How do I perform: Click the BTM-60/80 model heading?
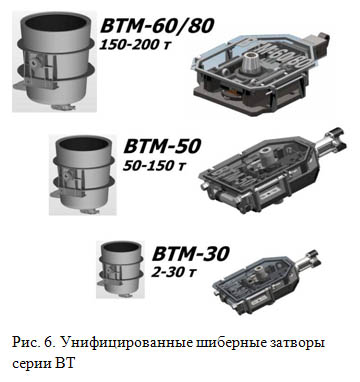tap(156, 26)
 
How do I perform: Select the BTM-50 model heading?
tap(162, 146)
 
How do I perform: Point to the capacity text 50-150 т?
tap(154, 165)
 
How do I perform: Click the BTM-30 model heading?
tap(191, 253)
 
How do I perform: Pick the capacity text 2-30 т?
tap(174, 272)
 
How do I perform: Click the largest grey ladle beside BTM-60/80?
tap(54, 61)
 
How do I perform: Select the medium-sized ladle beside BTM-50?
tap(82, 174)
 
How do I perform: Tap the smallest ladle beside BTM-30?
tap(120, 268)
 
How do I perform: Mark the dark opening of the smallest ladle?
tap(120, 247)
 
